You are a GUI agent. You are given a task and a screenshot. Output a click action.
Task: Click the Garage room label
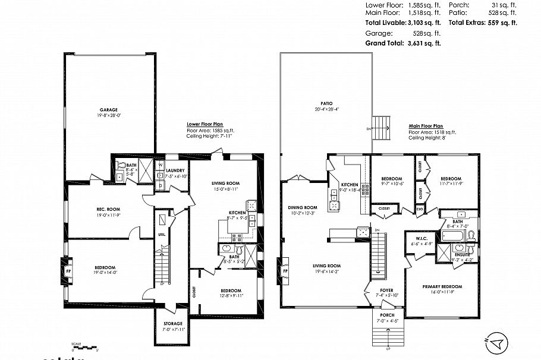108,110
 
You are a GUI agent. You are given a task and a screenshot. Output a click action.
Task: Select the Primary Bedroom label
442,286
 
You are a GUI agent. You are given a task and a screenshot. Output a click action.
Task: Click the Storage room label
172,324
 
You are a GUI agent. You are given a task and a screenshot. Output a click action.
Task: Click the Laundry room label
177,170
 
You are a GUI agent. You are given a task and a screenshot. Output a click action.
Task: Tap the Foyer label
386,290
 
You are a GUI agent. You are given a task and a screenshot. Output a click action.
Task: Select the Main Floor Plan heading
426,126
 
